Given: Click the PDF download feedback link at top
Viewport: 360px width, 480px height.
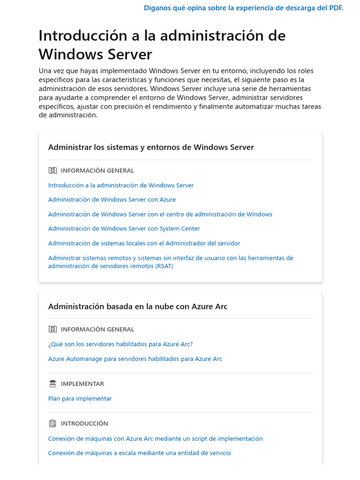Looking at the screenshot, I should click(243, 8).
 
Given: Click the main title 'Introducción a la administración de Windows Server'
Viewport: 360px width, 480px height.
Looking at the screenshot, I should click(162, 45).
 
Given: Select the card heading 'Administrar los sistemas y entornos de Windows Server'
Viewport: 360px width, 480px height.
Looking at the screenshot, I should click(151, 147).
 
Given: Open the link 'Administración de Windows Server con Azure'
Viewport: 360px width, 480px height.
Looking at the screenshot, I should click(112, 200).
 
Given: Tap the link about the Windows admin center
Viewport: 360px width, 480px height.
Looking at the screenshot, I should click(160, 214).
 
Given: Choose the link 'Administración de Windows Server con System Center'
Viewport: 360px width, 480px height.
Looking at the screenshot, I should click(124, 229).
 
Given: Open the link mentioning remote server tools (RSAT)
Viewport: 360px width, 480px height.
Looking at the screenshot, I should click(171, 262).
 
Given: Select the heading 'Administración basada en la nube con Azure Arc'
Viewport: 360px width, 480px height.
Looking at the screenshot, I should click(138, 307).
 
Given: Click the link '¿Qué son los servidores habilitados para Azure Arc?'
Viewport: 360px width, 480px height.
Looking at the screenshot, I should click(120, 344).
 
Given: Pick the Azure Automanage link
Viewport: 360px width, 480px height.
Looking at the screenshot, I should click(135, 359).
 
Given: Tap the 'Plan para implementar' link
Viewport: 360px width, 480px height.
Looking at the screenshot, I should click(80, 398).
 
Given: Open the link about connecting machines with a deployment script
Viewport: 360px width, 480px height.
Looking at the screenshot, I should click(155, 439).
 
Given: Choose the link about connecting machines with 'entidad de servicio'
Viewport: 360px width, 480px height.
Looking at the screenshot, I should click(139, 453).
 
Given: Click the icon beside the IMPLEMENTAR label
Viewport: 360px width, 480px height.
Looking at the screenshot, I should click(52, 384).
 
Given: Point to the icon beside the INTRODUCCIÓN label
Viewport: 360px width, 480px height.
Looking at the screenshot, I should click(52, 423).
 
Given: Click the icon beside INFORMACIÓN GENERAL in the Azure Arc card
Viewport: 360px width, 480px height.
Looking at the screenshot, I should click(52, 330).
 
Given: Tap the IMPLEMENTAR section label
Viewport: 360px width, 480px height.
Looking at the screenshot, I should click(82, 384).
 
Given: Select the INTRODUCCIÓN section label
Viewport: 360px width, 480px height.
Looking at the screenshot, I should click(84, 423).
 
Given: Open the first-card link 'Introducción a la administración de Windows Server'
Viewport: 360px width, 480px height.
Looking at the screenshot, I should click(121, 185).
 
